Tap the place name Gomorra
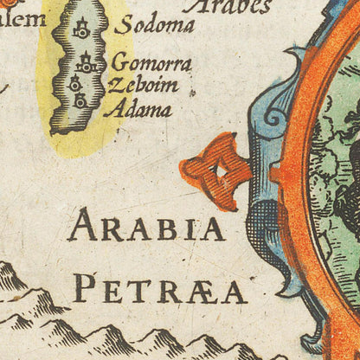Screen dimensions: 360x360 tap(151, 65)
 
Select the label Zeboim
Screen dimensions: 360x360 tap(143, 87)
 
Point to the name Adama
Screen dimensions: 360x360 tap(137, 110)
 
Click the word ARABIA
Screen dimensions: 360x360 tap(146, 228)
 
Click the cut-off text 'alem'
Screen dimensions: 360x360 tap(22, 16)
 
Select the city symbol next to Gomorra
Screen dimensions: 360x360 tap(87, 63)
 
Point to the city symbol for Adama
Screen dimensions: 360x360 tap(80, 100)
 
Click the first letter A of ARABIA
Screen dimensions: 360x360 tap(80, 228)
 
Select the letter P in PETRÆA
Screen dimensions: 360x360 tap(83, 288)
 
